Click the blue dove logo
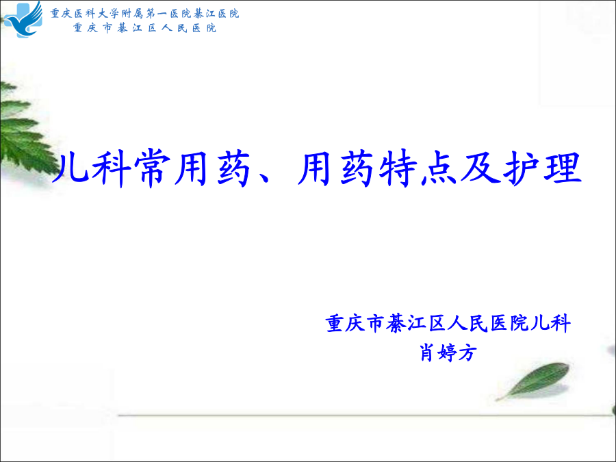tap(23, 20)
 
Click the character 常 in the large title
tap(153, 168)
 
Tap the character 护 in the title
tap(522, 168)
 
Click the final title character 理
tap(563, 168)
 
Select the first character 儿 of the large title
tap(70, 168)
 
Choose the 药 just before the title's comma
tap(235, 168)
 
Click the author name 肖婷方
tap(448, 352)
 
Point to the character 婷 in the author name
tap(448, 352)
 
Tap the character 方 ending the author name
tap(468, 352)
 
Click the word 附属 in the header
tap(127, 14)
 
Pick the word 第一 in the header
tap(152, 14)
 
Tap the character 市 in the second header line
tap(107, 28)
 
